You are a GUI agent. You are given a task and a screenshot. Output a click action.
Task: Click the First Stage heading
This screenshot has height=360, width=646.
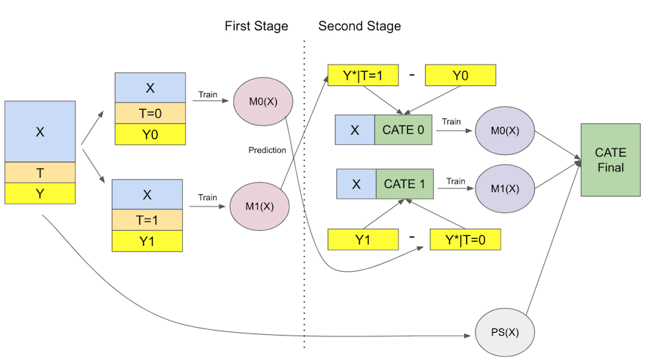tap(256, 27)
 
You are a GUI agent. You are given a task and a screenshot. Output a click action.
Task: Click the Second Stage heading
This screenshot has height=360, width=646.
tap(359, 27)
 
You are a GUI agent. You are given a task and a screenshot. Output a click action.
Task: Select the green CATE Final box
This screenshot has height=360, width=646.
tap(610, 160)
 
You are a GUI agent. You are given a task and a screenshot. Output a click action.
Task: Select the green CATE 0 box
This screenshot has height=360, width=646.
tap(403, 130)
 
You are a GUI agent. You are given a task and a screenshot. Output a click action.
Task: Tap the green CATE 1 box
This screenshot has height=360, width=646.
tap(404, 184)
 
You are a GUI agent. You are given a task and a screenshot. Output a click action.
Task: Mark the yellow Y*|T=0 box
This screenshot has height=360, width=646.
tap(464, 239)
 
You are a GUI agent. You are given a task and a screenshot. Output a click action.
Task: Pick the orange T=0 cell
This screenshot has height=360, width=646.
tap(150, 113)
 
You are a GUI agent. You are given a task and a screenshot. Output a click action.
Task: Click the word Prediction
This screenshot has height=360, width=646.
tap(267, 151)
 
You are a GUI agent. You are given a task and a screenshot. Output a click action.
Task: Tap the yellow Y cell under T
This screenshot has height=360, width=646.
tap(40, 194)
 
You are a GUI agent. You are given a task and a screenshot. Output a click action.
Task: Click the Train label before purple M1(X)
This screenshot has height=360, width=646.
tap(456, 181)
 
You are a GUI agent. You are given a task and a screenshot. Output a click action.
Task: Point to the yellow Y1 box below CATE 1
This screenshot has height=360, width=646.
tap(362, 240)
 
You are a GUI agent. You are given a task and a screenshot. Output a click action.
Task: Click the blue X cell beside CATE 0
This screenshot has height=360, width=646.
tap(355, 130)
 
